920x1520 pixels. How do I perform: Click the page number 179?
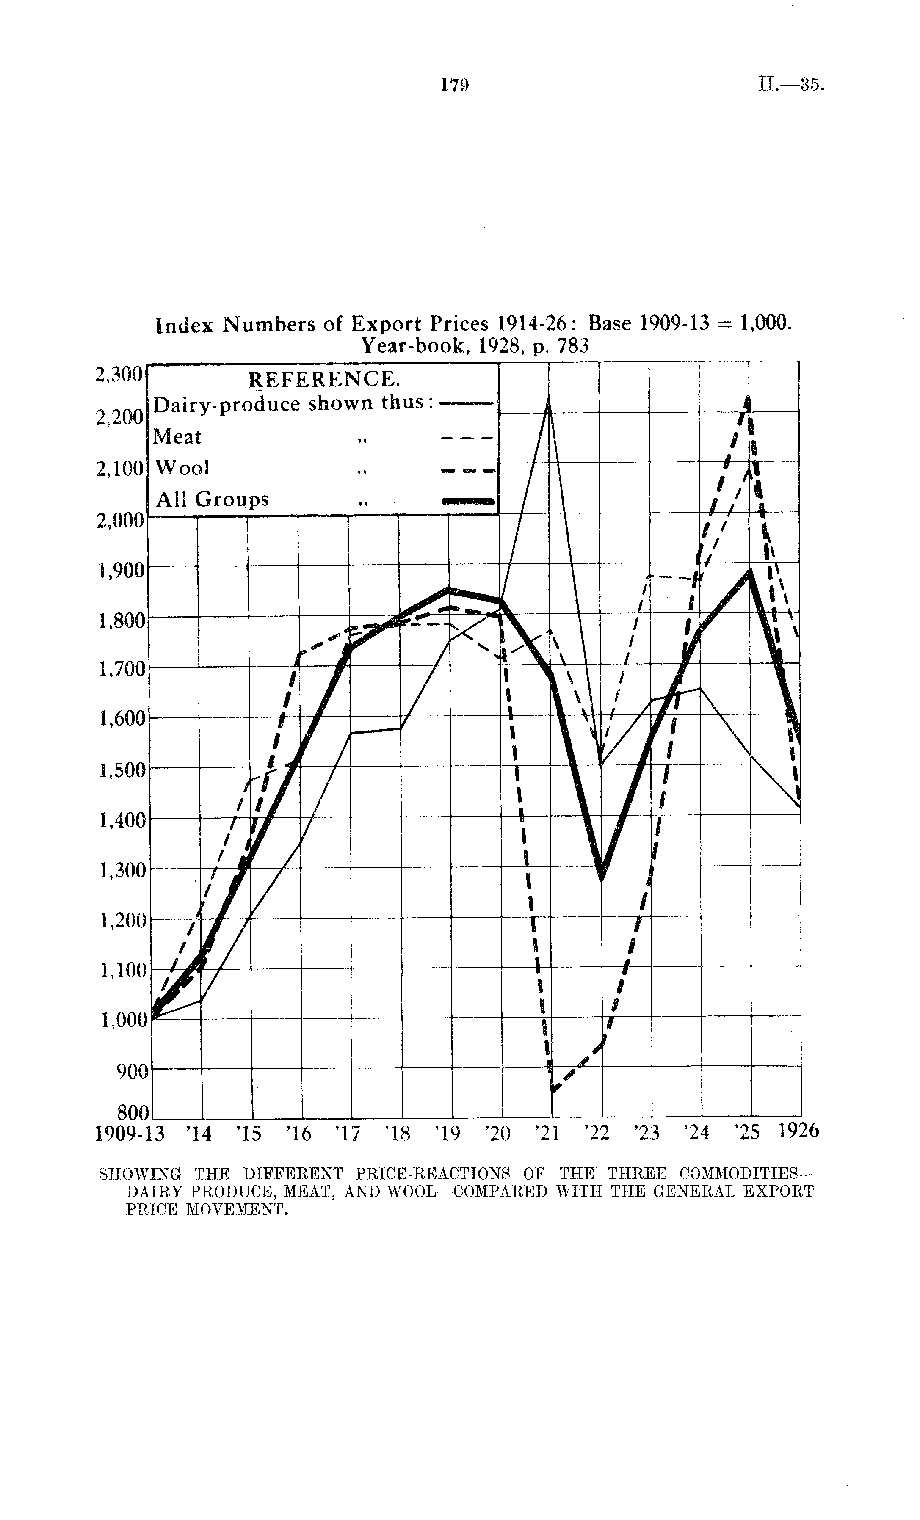point(455,85)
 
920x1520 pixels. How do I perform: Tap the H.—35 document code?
point(790,85)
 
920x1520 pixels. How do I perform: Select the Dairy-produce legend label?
point(289,405)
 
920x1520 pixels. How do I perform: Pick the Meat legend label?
point(177,437)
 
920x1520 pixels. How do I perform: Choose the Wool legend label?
point(182,468)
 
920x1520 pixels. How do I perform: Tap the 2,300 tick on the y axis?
point(119,375)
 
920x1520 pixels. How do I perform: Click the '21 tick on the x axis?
point(545,1133)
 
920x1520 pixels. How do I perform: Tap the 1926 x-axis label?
point(798,1131)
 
